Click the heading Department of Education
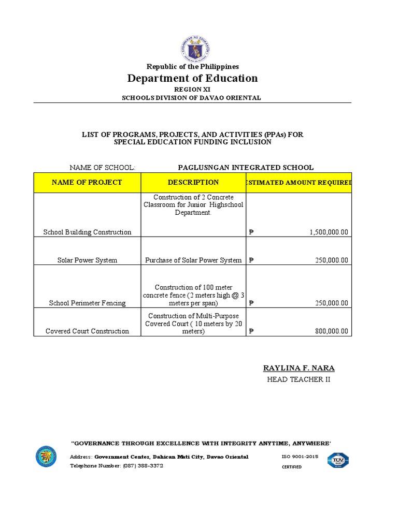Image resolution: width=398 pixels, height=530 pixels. tap(192, 78)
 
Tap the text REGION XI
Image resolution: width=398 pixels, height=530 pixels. tap(192, 90)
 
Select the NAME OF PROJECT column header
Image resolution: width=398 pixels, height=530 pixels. tap(87, 182)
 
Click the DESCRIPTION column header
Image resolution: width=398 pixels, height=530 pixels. tap(193, 182)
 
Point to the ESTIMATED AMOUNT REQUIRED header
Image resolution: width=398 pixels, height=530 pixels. tap(299, 183)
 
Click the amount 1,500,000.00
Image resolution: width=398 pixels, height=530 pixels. tap(329, 232)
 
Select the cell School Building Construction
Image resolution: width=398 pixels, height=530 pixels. tap(87, 232)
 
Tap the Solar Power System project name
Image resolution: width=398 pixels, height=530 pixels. tap(87, 260)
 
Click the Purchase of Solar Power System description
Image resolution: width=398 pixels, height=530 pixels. tap(193, 260)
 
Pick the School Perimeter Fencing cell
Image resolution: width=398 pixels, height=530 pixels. tap(87, 303)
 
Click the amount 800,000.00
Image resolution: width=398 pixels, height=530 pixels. tap(331, 331)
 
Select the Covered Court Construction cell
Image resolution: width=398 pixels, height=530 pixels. tap(87, 331)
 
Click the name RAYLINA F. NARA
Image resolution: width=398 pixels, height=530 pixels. tap(298, 368)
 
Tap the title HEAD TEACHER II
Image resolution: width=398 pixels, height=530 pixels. tap(298, 379)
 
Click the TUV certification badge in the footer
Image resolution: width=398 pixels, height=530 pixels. tap(338, 460)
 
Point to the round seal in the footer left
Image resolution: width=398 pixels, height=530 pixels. tap(46, 456)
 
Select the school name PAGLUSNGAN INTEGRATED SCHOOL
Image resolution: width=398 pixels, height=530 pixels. tap(246, 167)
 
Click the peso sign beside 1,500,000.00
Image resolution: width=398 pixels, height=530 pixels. tap(251, 232)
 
